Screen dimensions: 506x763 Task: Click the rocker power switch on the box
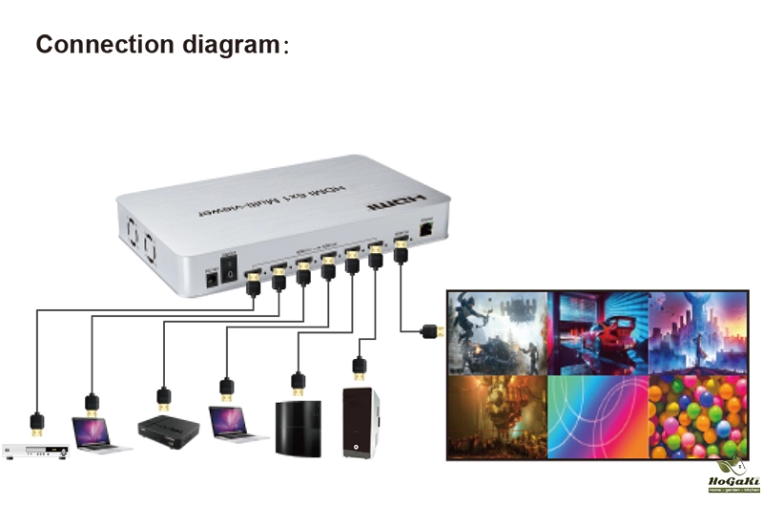tap(228, 269)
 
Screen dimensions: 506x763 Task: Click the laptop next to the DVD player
tap(98, 434)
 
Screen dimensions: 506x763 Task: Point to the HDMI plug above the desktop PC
tap(359, 366)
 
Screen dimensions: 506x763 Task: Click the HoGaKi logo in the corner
tap(732, 474)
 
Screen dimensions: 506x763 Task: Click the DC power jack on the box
tap(212, 277)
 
